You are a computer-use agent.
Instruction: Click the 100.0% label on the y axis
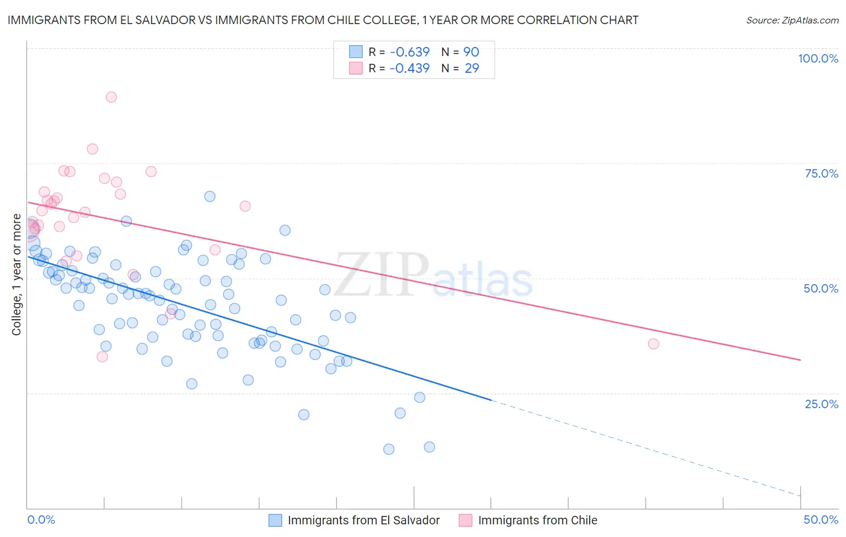click(x=818, y=58)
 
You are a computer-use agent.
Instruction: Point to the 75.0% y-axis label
click(x=821, y=173)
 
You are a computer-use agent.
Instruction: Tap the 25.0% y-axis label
click(x=821, y=404)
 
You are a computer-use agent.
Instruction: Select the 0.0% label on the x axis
click(x=42, y=520)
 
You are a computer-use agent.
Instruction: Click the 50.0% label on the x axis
click(x=821, y=520)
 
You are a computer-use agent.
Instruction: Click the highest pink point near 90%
click(x=111, y=97)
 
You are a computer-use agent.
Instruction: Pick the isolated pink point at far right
click(x=653, y=344)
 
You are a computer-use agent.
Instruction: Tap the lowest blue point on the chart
click(x=389, y=449)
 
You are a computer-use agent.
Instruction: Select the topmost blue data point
click(x=209, y=196)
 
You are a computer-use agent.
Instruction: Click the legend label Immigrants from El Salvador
click(x=363, y=520)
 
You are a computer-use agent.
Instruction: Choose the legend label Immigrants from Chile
click(x=537, y=520)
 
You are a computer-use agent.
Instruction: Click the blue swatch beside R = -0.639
click(x=356, y=52)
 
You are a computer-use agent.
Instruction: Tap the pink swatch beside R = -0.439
click(x=356, y=68)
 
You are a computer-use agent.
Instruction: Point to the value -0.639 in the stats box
click(x=409, y=52)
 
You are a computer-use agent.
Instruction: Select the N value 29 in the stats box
click(x=472, y=68)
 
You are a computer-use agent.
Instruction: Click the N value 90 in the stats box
click(x=471, y=52)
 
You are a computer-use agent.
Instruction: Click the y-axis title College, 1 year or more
click(x=17, y=275)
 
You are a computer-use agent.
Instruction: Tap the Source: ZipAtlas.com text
click(x=792, y=20)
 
